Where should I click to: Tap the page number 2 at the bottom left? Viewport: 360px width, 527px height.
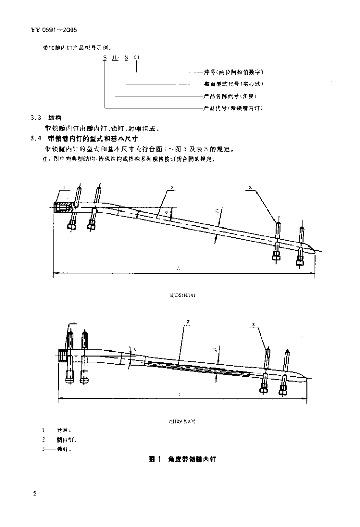34,494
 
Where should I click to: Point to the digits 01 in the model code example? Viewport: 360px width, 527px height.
136,58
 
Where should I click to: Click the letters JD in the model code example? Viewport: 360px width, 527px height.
115,58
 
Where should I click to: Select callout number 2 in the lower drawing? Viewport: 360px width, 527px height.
188,322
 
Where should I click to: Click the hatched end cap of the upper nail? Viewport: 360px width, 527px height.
61,207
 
